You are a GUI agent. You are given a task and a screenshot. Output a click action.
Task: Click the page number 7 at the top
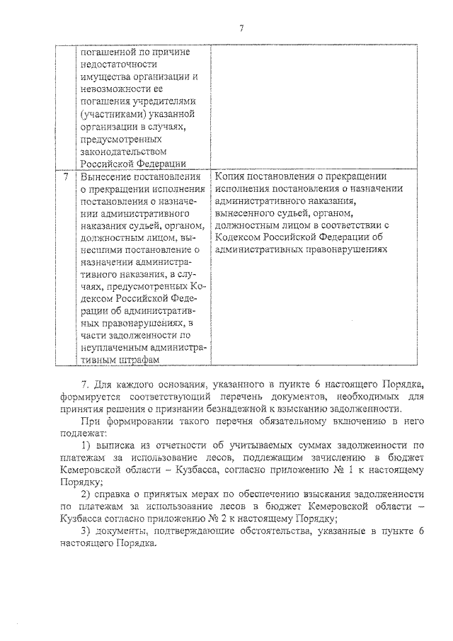(x=241, y=29)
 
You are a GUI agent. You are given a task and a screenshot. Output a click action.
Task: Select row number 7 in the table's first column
(x=65, y=177)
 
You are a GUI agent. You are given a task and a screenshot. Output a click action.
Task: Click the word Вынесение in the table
(x=106, y=177)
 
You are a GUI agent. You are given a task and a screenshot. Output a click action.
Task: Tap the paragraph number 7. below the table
(x=84, y=383)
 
